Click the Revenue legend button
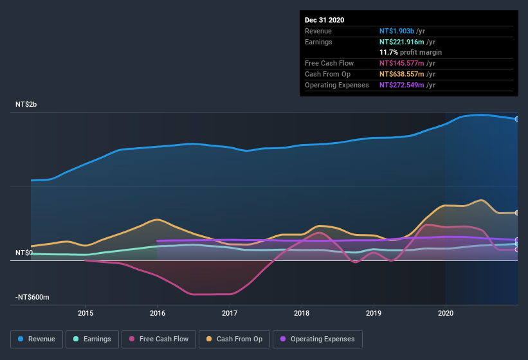[x=37, y=339]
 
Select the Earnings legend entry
[x=92, y=339]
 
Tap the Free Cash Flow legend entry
[x=159, y=339]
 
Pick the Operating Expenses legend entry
[x=317, y=339]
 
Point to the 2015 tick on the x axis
[x=86, y=313]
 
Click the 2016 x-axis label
[x=158, y=313]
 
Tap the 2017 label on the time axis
[x=230, y=313]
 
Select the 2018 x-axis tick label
[x=302, y=313]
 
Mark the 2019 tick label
[x=374, y=313]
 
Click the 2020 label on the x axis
[x=446, y=313]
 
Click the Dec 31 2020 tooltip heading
[x=325, y=20]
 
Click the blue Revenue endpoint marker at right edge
[x=516, y=119]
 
